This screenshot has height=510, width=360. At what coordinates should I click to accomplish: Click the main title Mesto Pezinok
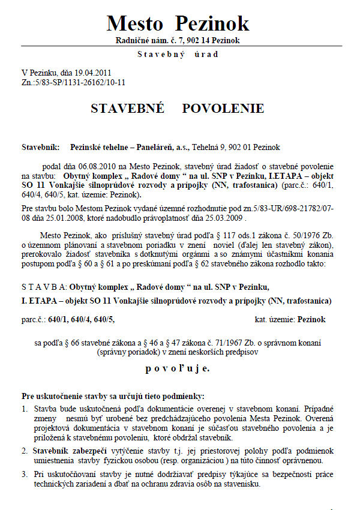pyautogui.click(x=178, y=23)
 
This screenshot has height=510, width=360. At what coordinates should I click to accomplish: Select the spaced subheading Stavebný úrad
pyautogui.click(x=178, y=55)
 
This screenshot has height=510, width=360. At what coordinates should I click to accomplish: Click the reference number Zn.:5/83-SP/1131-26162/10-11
pyautogui.click(x=73, y=81)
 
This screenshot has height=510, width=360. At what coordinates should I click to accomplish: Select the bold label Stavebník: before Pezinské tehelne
pyautogui.click(x=41, y=147)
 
